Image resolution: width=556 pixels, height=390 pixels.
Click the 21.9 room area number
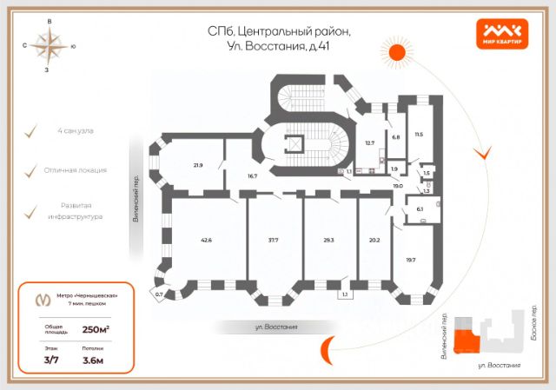(x=198, y=165)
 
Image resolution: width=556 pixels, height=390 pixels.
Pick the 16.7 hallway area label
(x=253, y=176)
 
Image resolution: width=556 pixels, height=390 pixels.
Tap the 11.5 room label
(x=419, y=134)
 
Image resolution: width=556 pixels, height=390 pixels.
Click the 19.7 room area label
(x=409, y=259)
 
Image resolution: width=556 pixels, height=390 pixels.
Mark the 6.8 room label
(x=396, y=137)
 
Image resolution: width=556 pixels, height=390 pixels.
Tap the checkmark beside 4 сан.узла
(x=31, y=131)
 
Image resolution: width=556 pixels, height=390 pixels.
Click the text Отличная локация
(x=75, y=170)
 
